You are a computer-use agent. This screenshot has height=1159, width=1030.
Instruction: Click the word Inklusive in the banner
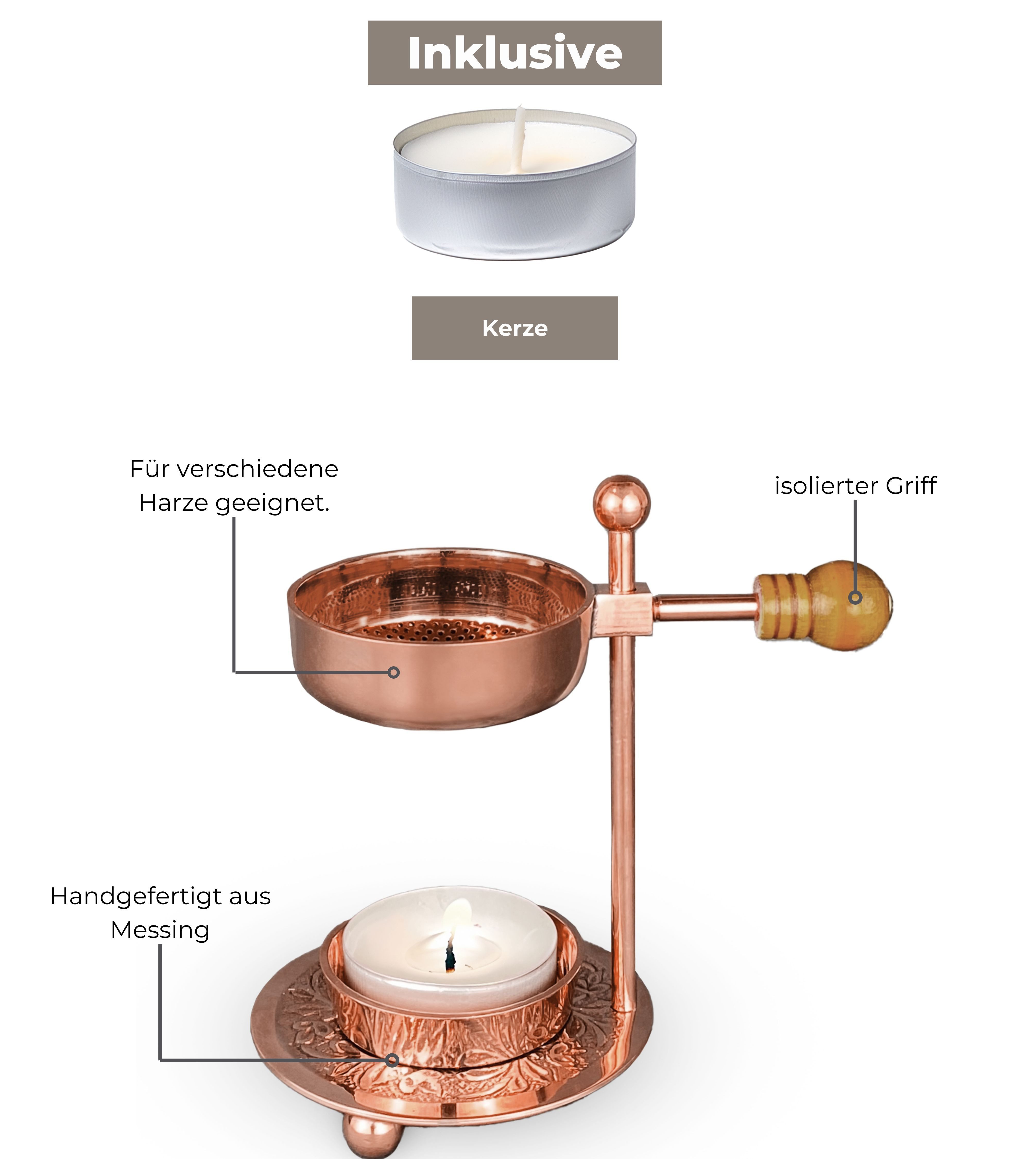(x=515, y=53)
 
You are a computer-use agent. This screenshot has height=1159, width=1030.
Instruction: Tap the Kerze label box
(x=515, y=328)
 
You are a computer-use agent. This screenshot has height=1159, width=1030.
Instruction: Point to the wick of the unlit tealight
(x=519, y=139)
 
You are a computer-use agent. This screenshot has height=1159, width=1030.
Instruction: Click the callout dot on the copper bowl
(x=393, y=672)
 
